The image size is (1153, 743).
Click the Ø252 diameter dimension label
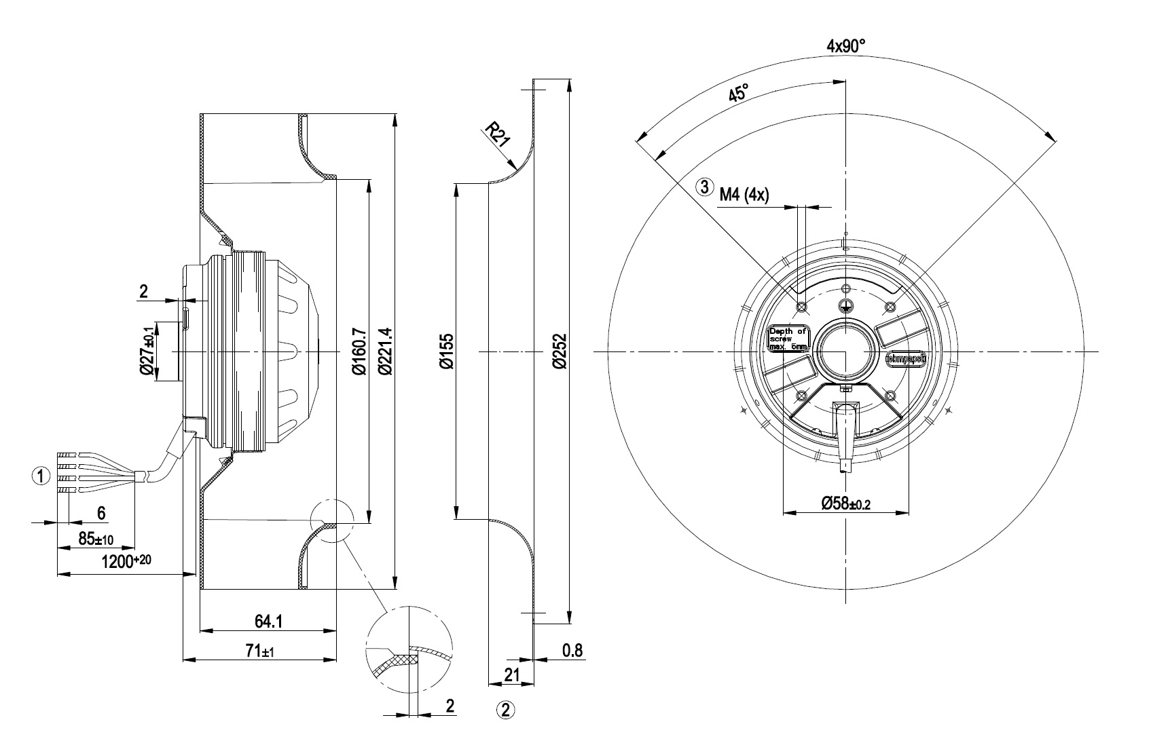[559, 351]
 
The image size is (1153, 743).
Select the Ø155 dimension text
[446, 351]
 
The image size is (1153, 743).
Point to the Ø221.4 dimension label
[386, 351]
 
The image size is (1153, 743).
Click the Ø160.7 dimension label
[359, 351]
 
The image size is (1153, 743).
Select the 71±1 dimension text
[260, 651]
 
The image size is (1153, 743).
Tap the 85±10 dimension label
[96, 539]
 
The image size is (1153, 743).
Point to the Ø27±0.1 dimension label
[147, 351]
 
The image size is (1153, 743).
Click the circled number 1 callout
[41, 476]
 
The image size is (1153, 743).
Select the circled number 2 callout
[506, 710]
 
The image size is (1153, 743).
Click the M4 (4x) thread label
[744, 195]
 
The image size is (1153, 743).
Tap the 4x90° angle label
[845, 46]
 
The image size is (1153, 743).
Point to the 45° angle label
[738, 93]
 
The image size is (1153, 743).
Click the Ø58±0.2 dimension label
[845, 503]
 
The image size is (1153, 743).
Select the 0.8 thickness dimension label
[572, 651]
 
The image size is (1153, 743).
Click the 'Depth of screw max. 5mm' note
[788, 339]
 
